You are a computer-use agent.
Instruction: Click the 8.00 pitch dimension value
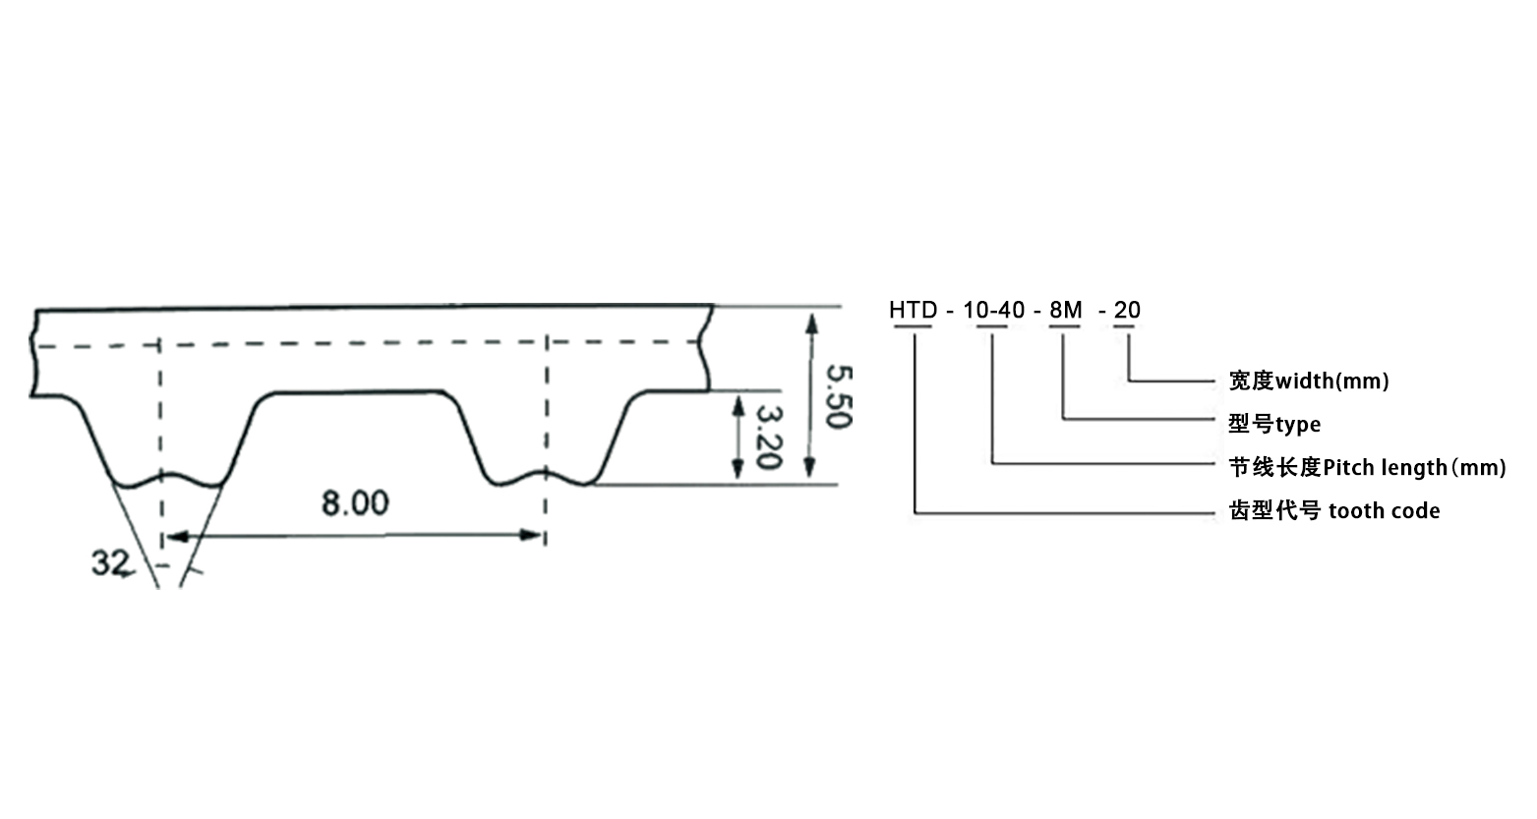(x=355, y=503)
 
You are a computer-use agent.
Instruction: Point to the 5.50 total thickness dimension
(x=838, y=396)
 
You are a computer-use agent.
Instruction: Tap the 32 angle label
(x=110, y=563)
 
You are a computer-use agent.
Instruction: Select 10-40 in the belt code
(x=993, y=311)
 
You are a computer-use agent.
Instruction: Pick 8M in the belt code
(x=1065, y=311)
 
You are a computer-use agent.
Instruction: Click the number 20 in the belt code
(x=1127, y=311)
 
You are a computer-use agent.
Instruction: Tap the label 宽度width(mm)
(x=1308, y=380)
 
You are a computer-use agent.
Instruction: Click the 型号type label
(x=1273, y=424)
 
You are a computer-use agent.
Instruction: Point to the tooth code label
(x=1333, y=510)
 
